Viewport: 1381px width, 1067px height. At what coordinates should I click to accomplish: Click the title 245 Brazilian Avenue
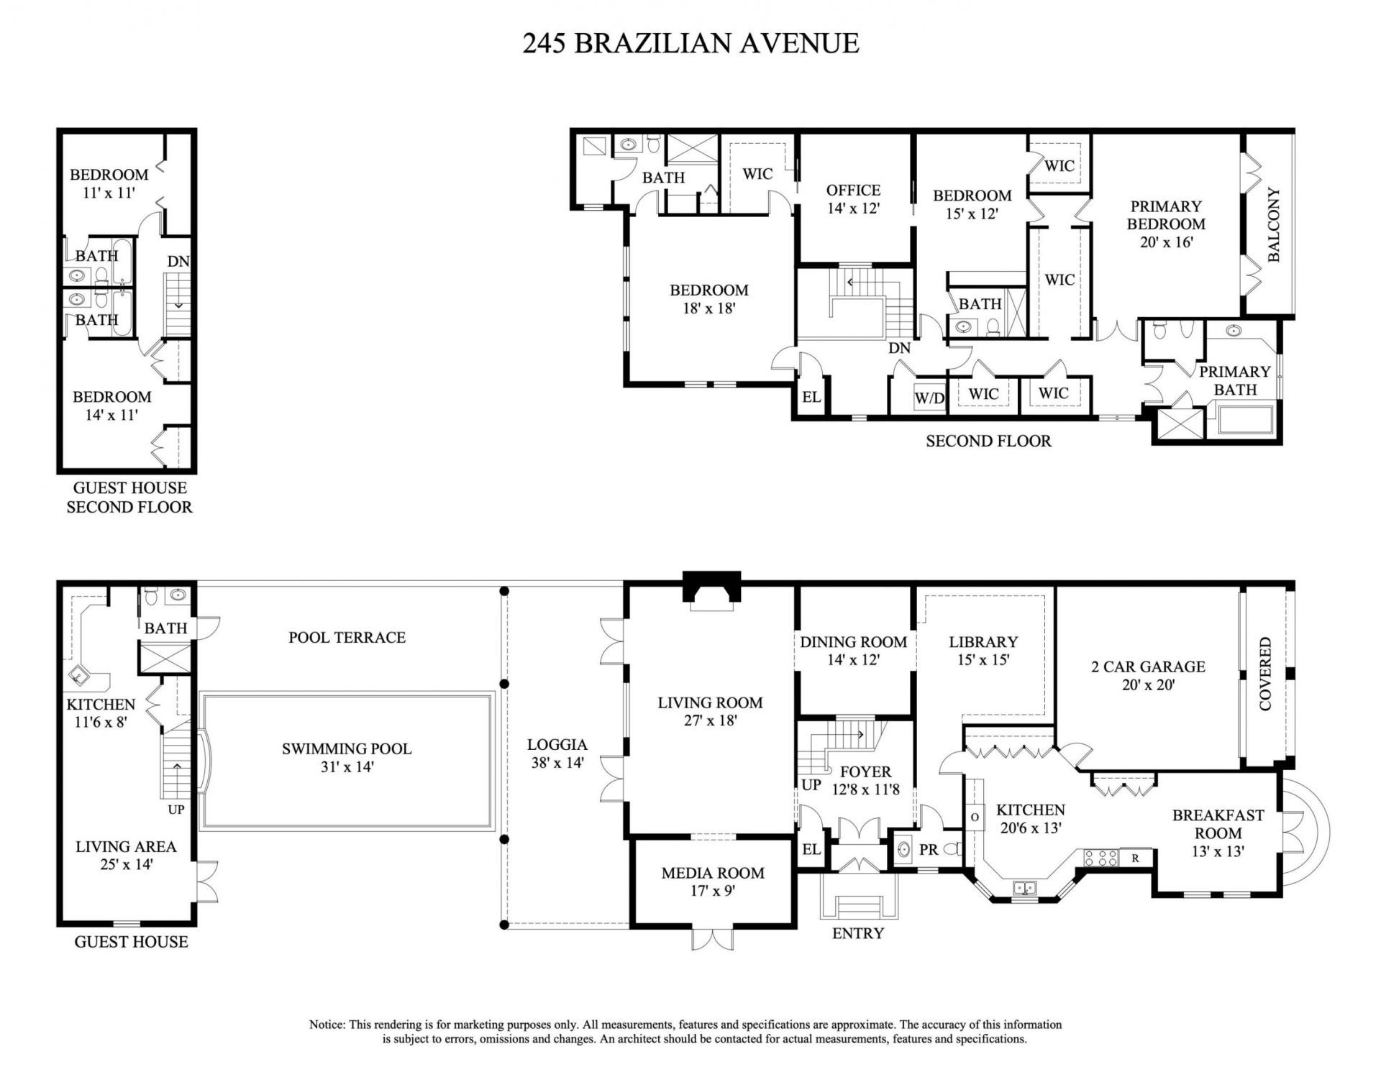(x=690, y=43)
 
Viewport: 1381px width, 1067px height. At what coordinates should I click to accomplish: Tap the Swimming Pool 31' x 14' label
(x=347, y=757)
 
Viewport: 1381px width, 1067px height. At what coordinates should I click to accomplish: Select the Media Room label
(x=712, y=881)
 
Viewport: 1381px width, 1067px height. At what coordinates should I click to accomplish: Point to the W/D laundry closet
(x=929, y=398)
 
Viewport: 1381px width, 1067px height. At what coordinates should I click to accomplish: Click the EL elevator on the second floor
(x=811, y=397)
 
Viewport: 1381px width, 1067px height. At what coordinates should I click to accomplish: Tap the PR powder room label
(x=929, y=850)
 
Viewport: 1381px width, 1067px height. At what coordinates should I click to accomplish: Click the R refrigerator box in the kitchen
(x=1135, y=857)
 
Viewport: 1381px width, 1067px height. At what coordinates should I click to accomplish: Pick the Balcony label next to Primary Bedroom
(x=1274, y=224)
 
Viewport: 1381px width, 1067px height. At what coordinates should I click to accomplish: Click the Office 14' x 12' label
(x=853, y=199)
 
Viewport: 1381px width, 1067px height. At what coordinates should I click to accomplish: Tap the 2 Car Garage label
(x=1148, y=675)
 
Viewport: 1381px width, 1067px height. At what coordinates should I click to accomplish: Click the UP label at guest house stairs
(x=176, y=809)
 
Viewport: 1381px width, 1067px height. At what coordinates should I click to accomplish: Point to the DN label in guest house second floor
(x=178, y=262)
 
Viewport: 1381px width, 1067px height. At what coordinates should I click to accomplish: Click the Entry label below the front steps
(x=857, y=933)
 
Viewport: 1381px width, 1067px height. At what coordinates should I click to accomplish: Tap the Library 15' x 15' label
(x=983, y=650)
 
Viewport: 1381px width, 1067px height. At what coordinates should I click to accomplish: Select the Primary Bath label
(x=1234, y=380)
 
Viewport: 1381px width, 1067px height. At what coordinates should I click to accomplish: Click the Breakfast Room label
(x=1218, y=833)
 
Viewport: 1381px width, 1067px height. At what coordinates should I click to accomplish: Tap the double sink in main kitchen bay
(x=1024, y=889)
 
